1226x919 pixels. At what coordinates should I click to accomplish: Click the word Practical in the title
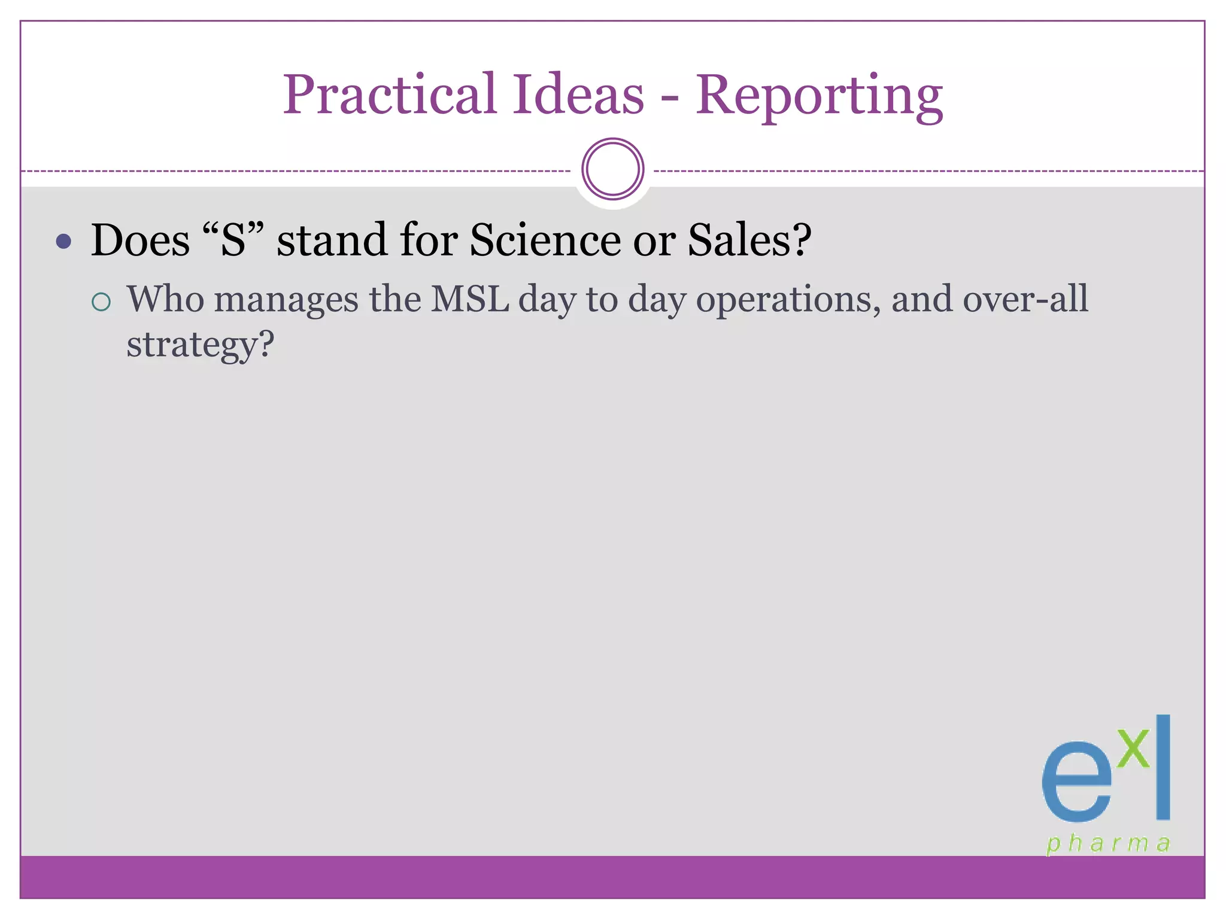[x=390, y=96]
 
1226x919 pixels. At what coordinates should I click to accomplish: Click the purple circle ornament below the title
[x=612, y=169]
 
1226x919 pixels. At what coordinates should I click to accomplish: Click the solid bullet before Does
[x=63, y=242]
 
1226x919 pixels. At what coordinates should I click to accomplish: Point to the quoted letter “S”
[x=233, y=239]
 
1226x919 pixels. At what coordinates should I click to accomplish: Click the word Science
[x=545, y=240]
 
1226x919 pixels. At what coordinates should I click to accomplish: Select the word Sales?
[x=749, y=240]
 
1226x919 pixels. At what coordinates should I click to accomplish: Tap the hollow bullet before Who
[x=101, y=302]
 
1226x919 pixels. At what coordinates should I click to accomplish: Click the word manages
[x=286, y=299]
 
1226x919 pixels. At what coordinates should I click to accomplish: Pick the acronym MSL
[x=470, y=299]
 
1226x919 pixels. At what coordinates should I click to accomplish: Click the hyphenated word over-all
[x=1025, y=299]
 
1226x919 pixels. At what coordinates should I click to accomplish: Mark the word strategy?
[x=200, y=346]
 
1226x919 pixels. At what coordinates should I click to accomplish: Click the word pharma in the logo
[x=1108, y=844]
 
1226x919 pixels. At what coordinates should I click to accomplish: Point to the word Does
[x=140, y=240]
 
